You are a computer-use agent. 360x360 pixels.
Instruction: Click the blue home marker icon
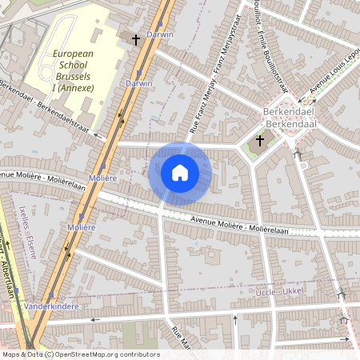click(x=180, y=173)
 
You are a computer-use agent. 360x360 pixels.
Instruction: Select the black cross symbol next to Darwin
click(x=136, y=38)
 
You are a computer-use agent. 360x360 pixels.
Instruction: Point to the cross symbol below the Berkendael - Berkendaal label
click(x=258, y=142)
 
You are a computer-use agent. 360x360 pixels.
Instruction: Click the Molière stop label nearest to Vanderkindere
click(x=81, y=228)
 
